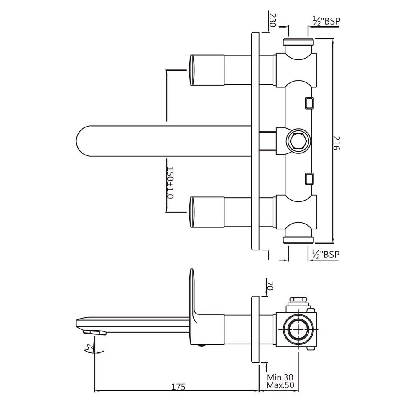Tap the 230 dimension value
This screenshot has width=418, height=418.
[x=273, y=20]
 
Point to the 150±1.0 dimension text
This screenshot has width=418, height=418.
[x=170, y=183]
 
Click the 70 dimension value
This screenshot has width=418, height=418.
[x=270, y=286]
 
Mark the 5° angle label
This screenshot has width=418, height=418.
[x=88, y=347]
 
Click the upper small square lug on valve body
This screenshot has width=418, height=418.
[x=309, y=102]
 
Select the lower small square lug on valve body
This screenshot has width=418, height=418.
[x=309, y=178]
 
